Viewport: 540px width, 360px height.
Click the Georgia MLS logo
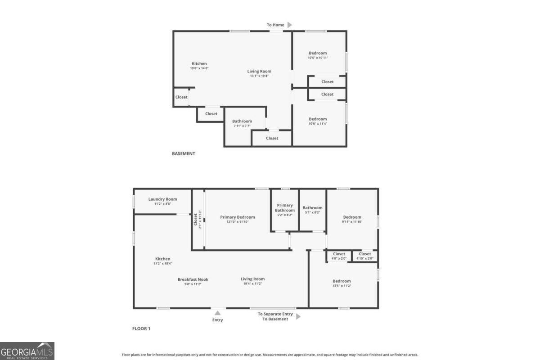[x=27, y=351]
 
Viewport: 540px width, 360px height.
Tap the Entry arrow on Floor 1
[x=217, y=313]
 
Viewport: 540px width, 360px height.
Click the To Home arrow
[x=290, y=25]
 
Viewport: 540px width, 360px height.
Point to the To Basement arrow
[x=298, y=316]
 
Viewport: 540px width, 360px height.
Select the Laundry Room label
[x=162, y=199]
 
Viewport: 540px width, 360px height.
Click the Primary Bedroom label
[x=237, y=217]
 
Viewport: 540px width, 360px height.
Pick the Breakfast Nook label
[x=193, y=279]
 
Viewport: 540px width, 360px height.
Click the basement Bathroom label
[x=242, y=121]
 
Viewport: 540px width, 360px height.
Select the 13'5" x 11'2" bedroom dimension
[x=342, y=286]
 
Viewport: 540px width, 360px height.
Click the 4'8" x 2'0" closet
[x=339, y=256]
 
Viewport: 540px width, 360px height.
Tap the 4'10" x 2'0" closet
[x=365, y=256]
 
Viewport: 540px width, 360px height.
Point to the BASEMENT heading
[x=184, y=153]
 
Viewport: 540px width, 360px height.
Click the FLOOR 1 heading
[x=141, y=328]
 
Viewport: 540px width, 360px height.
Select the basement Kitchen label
[x=199, y=63]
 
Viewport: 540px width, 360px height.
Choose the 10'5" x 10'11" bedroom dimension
[x=318, y=58]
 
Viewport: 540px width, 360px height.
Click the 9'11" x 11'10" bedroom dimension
[x=352, y=221]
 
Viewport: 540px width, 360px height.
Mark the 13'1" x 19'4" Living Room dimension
[x=259, y=76]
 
